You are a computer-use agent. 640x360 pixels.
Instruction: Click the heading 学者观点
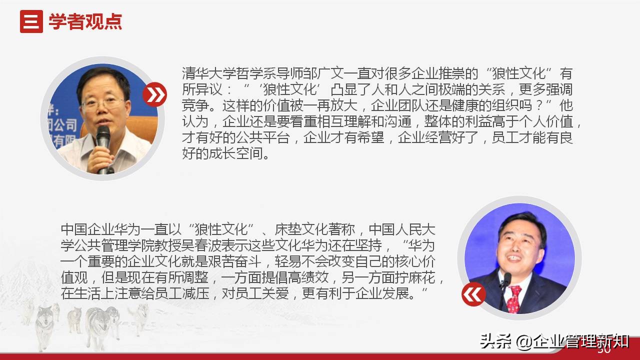click(x=85, y=22)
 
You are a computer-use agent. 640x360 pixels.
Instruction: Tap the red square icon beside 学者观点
click(x=31, y=22)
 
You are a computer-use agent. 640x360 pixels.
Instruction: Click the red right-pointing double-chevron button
click(x=154, y=94)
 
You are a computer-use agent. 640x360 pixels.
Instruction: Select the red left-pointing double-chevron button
click(x=473, y=294)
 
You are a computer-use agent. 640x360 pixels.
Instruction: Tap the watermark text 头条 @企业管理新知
click(x=554, y=342)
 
